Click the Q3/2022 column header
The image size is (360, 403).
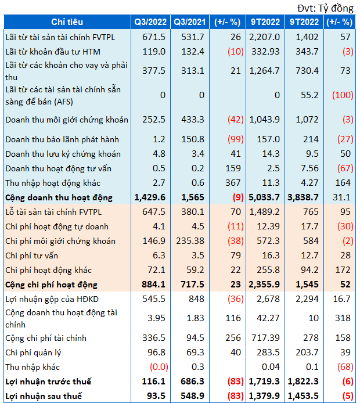(x=150, y=22)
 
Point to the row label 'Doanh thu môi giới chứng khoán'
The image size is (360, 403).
(x=66, y=120)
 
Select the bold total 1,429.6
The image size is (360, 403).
(x=150, y=197)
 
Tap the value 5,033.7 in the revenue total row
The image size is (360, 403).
(x=265, y=197)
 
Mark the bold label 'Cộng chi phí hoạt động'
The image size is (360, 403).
(x=51, y=285)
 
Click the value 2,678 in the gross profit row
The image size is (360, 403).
(x=270, y=299)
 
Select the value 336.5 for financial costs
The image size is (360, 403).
(x=155, y=338)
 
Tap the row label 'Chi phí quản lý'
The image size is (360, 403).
(x=34, y=352)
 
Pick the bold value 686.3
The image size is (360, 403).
(x=191, y=382)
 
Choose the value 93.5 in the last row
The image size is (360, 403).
(x=157, y=396)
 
